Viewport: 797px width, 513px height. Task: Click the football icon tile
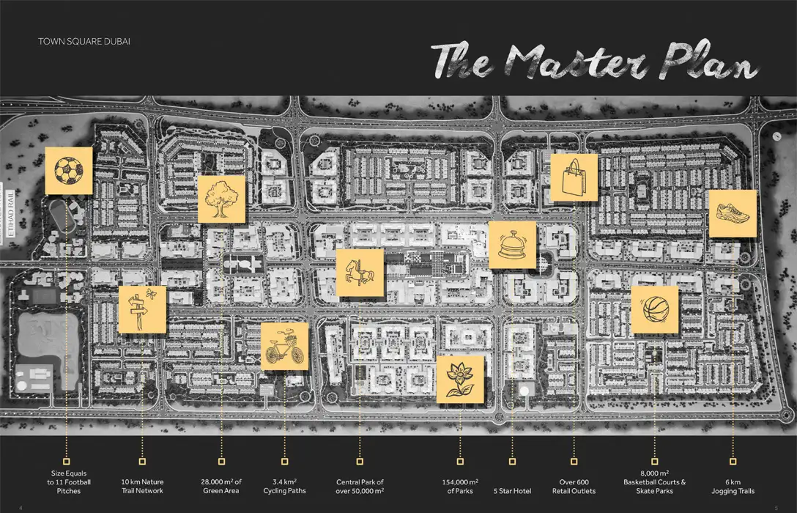coord(69,170)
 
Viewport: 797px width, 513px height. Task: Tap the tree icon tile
coord(221,199)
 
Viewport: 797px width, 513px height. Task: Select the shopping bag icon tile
coord(574,177)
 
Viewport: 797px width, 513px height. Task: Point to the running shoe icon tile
coord(733,213)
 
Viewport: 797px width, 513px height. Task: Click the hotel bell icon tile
coord(512,245)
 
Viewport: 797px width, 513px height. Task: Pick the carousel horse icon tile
coord(360,273)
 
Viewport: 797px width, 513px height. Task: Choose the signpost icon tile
coord(142,309)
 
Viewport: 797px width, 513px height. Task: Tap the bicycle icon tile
coord(284,346)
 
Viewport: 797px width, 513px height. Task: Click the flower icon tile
coord(460,380)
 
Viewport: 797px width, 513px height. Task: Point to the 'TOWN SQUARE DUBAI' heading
coord(84,41)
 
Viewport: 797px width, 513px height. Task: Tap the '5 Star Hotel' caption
coord(512,490)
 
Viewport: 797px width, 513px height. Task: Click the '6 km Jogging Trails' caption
coord(733,487)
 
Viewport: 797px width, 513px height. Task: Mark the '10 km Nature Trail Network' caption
coord(142,487)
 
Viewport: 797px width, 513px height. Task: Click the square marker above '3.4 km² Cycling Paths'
coord(284,462)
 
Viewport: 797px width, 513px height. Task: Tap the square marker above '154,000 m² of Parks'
coord(460,462)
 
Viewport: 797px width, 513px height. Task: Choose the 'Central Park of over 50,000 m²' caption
coord(359,487)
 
